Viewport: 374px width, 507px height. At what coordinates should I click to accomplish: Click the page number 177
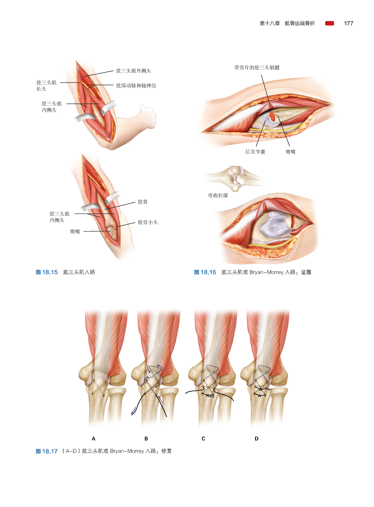point(348,23)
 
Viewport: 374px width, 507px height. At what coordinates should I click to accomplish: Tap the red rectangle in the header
point(329,23)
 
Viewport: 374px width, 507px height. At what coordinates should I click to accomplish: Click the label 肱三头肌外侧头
point(134,71)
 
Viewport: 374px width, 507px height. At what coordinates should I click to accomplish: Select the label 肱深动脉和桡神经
point(136,86)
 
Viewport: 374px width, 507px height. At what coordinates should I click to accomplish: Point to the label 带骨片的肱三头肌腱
point(257,68)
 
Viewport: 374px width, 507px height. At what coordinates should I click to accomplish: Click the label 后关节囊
point(255,152)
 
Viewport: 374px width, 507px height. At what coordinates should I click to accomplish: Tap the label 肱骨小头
point(148,222)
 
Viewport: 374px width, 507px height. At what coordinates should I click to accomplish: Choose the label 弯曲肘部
point(218,196)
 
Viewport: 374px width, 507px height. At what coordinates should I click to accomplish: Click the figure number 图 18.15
point(47,272)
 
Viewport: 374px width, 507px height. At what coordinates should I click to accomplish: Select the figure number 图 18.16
point(205,272)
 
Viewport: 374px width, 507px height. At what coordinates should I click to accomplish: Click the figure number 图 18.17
point(47,451)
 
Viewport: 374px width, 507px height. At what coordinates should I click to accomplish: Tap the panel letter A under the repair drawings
point(93,439)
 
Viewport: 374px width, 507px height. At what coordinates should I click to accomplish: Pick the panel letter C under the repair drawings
point(203,439)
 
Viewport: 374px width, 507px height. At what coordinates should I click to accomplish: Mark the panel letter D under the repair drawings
point(256,439)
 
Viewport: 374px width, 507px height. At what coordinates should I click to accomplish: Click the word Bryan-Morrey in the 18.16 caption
point(266,272)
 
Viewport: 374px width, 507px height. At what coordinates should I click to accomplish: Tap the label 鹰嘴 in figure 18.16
point(291,152)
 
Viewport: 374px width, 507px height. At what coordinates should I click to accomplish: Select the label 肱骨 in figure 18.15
point(143,202)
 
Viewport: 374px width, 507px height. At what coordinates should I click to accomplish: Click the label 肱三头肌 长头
point(46,86)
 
